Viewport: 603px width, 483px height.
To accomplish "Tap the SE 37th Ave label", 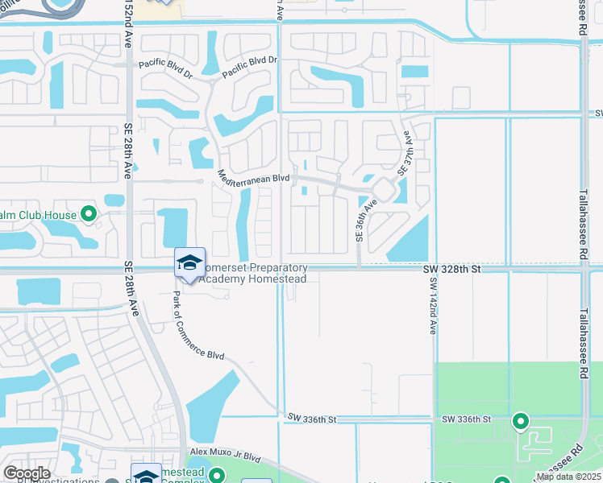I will (x=408, y=154).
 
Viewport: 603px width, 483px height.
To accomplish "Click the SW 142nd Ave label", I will (x=433, y=307).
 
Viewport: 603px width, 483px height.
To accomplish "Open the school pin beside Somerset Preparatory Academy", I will (x=189, y=263).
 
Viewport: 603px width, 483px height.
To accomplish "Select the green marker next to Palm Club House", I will (x=89, y=215).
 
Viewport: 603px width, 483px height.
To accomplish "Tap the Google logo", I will (x=27, y=473).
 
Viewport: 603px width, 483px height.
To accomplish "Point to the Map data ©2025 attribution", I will (x=568, y=477).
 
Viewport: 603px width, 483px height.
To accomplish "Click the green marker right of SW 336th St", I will (x=521, y=420).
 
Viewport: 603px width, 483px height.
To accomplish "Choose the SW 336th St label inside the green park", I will (x=466, y=419).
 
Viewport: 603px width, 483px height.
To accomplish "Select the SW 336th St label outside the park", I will (x=311, y=419).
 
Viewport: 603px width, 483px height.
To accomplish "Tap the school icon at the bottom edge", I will (x=145, y=475).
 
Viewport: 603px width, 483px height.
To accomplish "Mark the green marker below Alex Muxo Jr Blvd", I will (x=216, y=476).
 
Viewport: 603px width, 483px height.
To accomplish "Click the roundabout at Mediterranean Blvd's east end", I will (x=383, y=191).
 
